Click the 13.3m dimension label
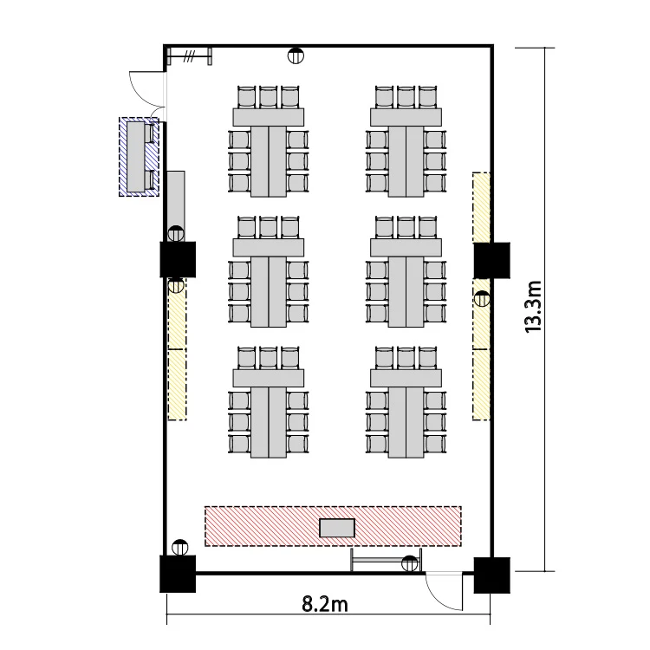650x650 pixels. pos(534,307)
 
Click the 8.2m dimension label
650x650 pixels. pos(325,604)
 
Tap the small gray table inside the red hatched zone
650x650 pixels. pos(337,528)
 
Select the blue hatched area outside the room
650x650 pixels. pos(139,157)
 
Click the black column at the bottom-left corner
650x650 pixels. pos(178,574)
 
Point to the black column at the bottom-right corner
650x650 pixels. pos(492,575)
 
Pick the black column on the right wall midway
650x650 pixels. pos(492,260)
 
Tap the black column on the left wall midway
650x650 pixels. pos(178,259)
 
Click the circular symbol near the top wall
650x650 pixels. pos(296,55)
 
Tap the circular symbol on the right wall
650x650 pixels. pos(482,298)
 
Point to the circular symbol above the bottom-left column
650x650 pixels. pos(179,548)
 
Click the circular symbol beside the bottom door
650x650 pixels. pos(410,563)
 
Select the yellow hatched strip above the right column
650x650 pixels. pos(481,207)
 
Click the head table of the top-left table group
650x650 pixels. pos(268,117)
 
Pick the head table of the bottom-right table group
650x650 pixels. pos(406,378)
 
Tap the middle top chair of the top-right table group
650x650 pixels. pos(406,97)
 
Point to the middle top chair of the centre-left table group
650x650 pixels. pos(268,228)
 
